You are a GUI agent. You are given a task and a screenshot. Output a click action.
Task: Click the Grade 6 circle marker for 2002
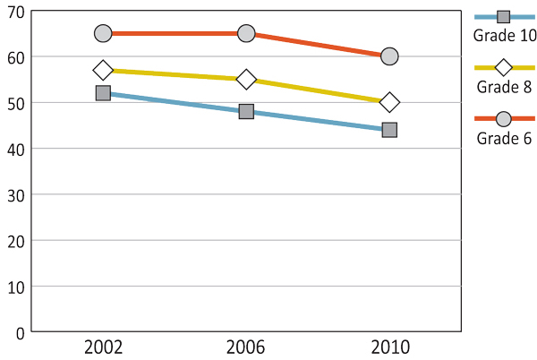click(x=103, y=33)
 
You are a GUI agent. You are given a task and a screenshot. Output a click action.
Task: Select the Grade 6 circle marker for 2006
click(x=246, y=33)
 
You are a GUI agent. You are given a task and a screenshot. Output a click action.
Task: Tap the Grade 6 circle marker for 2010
click(x=389, y=56)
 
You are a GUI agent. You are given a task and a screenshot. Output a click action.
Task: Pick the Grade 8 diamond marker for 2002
click(x=103, y=70)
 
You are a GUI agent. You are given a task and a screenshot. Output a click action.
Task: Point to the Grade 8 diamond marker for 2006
click(x=246, y=80)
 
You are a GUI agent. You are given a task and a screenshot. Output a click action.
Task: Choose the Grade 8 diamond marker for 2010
click(x=389, y=102)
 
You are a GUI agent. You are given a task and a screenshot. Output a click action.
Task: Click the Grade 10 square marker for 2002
click(x=103, y=93)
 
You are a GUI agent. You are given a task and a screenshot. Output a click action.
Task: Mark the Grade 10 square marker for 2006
click(x=246, y=112)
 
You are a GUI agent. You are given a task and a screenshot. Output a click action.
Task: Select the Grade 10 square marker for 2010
click(x=389, y=130)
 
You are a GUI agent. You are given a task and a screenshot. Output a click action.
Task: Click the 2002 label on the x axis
click(x=103, y=347)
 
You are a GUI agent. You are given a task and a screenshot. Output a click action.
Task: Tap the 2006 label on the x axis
click(x=246, y=347)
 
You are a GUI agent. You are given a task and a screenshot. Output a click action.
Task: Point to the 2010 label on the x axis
click(x=389, y=347)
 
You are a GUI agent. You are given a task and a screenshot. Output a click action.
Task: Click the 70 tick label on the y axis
click(x=15, y=11)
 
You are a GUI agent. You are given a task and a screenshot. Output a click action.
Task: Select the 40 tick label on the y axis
click(x=15, y=149)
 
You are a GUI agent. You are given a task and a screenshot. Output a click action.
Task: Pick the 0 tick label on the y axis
click(x=20, y=332)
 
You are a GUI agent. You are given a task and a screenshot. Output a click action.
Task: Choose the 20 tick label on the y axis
click(x=15, y=241)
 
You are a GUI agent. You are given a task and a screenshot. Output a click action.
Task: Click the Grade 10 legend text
click(x=505, y=36)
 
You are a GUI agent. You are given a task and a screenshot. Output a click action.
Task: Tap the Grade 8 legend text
click(x=505, y=87)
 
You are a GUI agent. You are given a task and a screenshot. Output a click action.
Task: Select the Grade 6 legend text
click(x=505, y=138)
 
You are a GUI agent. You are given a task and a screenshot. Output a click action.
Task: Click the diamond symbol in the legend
click(x=504, y=67)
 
